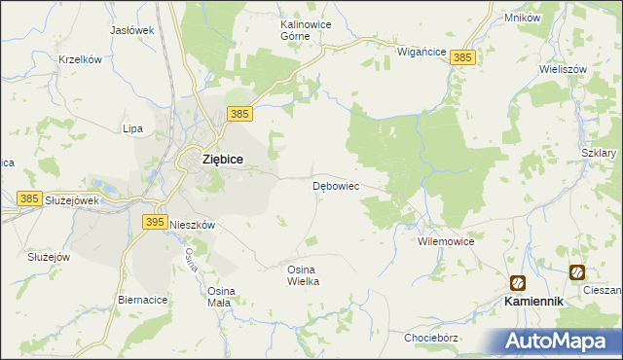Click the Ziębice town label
coord(222,159)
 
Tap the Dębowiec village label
coord(337,185)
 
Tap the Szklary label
coord(599,154)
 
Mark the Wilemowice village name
coord(445,239)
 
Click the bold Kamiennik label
coord(533,302)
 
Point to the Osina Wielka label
coord(303,274)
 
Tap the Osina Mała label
coord(219,296)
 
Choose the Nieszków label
coord(192,224)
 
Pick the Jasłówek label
coord(132,30)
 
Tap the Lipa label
coord(132,128)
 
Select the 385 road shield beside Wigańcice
coord(463,58)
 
